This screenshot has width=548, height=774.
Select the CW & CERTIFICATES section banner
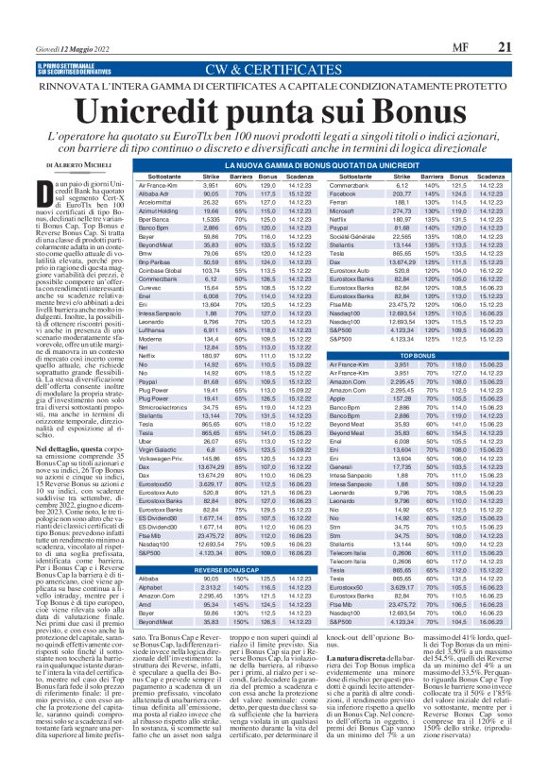point(273,43)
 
